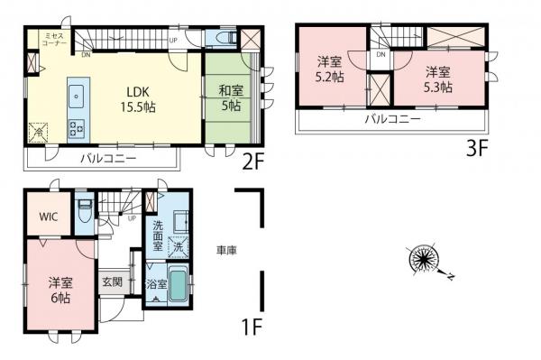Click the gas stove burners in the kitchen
click(x=75, y=125)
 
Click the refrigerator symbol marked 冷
click(x=39, y=130)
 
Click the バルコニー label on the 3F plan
click(x=391, y=118)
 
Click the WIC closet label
click(x=48, y=217)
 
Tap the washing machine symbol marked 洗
click(x=179, y=246)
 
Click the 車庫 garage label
click(x=225, y=250)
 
